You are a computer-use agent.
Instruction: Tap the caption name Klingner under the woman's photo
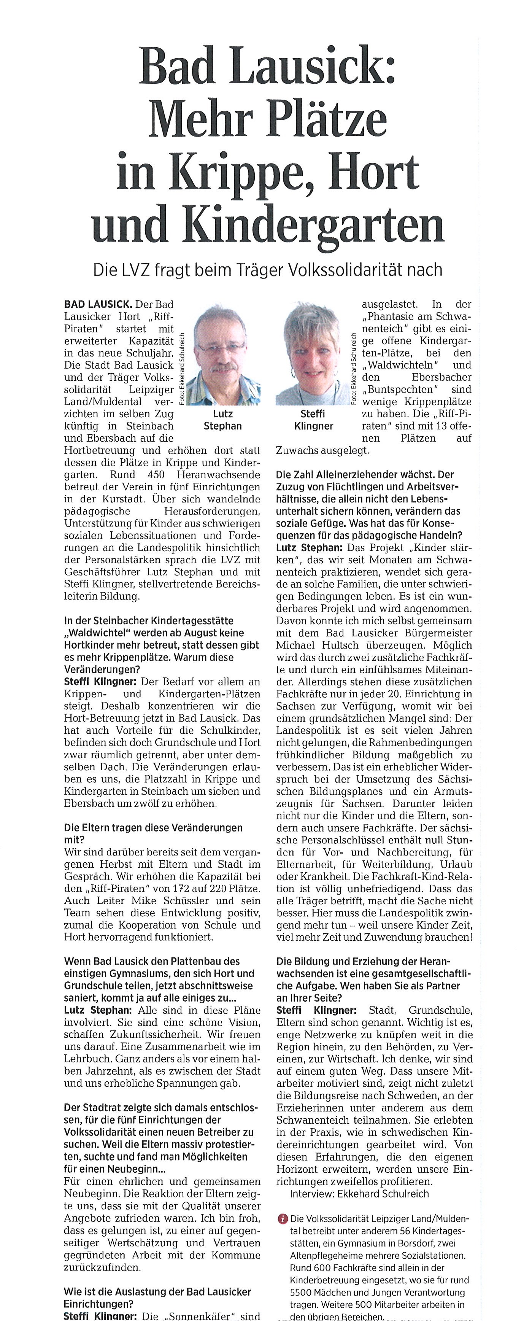pyautogui.click(x=313, y=426)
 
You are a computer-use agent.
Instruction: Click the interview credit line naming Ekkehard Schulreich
pyautogui.click(x=359, y=1194)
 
